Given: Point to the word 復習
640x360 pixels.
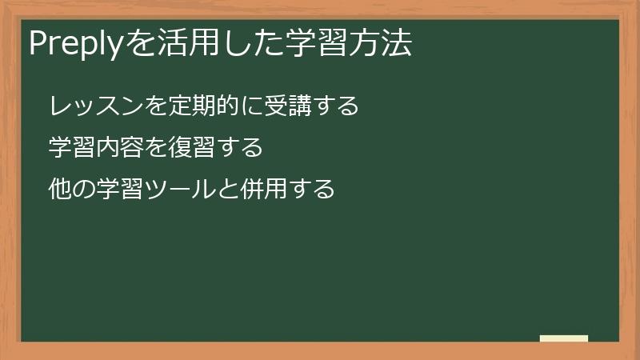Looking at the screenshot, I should (x=193, y=148).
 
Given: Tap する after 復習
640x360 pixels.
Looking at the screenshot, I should (x=239, y=148).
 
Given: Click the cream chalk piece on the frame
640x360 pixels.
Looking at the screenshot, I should (x=564, y=338).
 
